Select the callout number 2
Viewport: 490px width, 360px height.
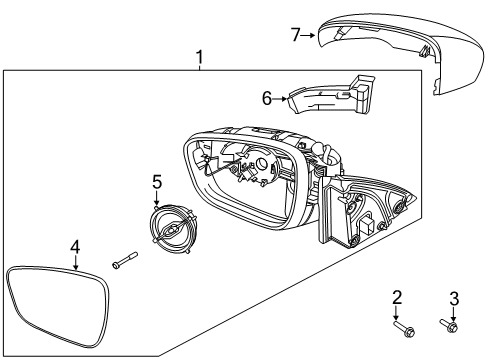click(x=397, y=298)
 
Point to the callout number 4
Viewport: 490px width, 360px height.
click(x=75, y=245)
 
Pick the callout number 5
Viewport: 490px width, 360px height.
click(x=156, y=181)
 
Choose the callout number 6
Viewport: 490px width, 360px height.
click(x=266, y=97)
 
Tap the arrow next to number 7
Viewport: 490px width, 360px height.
click(x=310, y=36)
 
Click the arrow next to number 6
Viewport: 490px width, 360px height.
click(x=281, y=97)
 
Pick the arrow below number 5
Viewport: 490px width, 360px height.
click(x=157, y=198)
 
